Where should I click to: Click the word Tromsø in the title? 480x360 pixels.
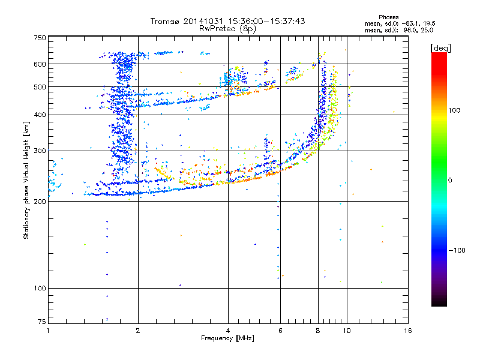coord(166,21)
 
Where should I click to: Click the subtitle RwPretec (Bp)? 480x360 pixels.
coord(228,28)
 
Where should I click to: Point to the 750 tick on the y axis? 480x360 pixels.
coord(40,38)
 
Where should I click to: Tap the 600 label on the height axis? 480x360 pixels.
coord(40,64)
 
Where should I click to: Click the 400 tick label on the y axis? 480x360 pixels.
coord(40,115)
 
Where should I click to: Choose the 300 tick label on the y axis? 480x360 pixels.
coord(40,151)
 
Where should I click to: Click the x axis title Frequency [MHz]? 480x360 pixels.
coord(227,338)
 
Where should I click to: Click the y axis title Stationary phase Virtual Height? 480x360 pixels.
coord(26,180)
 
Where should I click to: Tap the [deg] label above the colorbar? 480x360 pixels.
coord(441,47)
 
